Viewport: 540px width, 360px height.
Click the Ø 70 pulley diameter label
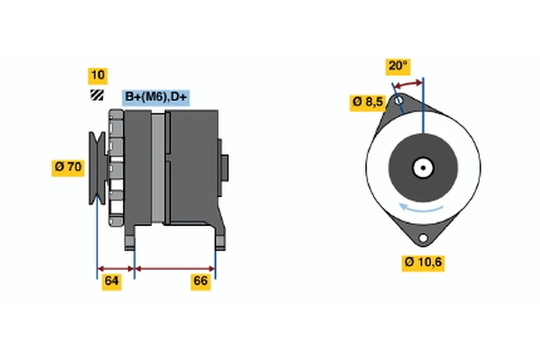(x=67, y=167)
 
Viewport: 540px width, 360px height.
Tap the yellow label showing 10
(x=98, y=76)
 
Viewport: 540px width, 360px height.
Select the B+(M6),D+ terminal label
(x=156, y=97)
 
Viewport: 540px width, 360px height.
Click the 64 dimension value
(x=112, y=282)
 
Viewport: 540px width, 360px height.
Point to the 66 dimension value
(x=201, y=282)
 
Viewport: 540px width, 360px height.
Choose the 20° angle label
(x=398, y=66)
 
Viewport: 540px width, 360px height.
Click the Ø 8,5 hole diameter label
(x=367, y=103)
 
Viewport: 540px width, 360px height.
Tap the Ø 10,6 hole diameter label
(x=423, y=263)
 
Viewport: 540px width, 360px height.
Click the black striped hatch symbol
(x=97, y=95)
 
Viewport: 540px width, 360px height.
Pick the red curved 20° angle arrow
(x=408, y=84)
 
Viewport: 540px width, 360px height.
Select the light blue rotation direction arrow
(x=421, y=209)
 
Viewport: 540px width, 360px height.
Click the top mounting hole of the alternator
(x=399, y=101)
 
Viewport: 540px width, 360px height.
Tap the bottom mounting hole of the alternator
(x=423, y=238)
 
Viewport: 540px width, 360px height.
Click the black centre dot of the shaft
(x=423, y=168)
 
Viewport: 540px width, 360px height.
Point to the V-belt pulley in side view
(x=98, y=167)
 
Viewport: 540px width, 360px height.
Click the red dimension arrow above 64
(x=116, y=269)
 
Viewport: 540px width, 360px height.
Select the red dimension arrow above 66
(x=175, y=269)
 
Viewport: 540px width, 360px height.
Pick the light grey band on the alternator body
(x=158, y=168)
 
